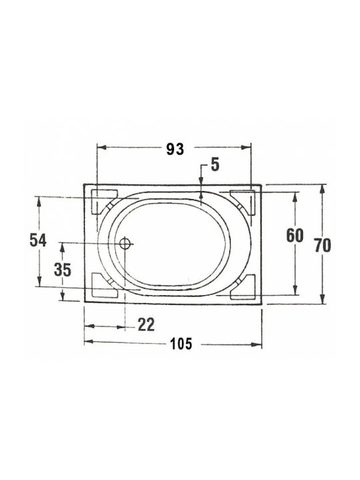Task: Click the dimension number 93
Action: coord(175,149)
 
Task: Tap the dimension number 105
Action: coord(181,344)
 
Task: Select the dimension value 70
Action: coord(323,245)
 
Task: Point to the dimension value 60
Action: coord(295,236)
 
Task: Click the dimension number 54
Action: coord(38,240)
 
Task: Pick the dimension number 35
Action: coord(63,270)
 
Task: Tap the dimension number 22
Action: coord(146,325)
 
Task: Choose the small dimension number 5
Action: coord(215,165)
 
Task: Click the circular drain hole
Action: coord(125,244)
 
